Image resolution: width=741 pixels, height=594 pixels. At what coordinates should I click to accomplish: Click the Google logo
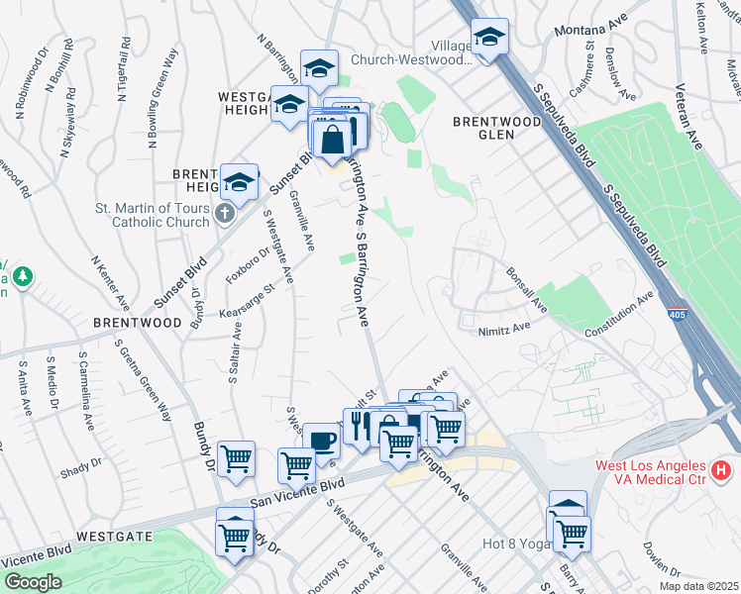point(32,582)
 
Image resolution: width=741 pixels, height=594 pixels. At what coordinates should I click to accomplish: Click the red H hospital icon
point(722,467)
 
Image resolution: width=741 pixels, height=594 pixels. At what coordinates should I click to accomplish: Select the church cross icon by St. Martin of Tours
point(226,212)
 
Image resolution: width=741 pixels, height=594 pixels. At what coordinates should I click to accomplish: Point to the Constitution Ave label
point(620,316)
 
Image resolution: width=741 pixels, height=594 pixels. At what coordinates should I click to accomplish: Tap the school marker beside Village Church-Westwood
point(489,38)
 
